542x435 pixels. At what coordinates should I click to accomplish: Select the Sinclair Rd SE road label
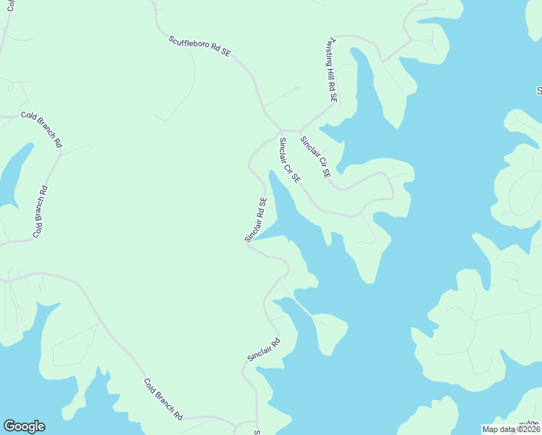pyautogui.click(x=257, y=219)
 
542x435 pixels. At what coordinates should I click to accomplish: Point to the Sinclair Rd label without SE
pyautogui.click(x=264, y=349)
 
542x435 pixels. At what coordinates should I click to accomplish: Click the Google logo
pyautogui.click(x=24, y=426)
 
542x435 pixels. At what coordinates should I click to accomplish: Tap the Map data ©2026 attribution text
pyautogui.click(x=511, y=429)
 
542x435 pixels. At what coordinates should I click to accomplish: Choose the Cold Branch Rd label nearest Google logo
pyautogui.click(x=163, y=399)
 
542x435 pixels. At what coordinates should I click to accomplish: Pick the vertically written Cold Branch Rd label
pyautogui.click(x=41, y=212)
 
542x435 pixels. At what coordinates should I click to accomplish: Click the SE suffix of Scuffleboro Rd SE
pyautogui.click(x=226, y=54)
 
